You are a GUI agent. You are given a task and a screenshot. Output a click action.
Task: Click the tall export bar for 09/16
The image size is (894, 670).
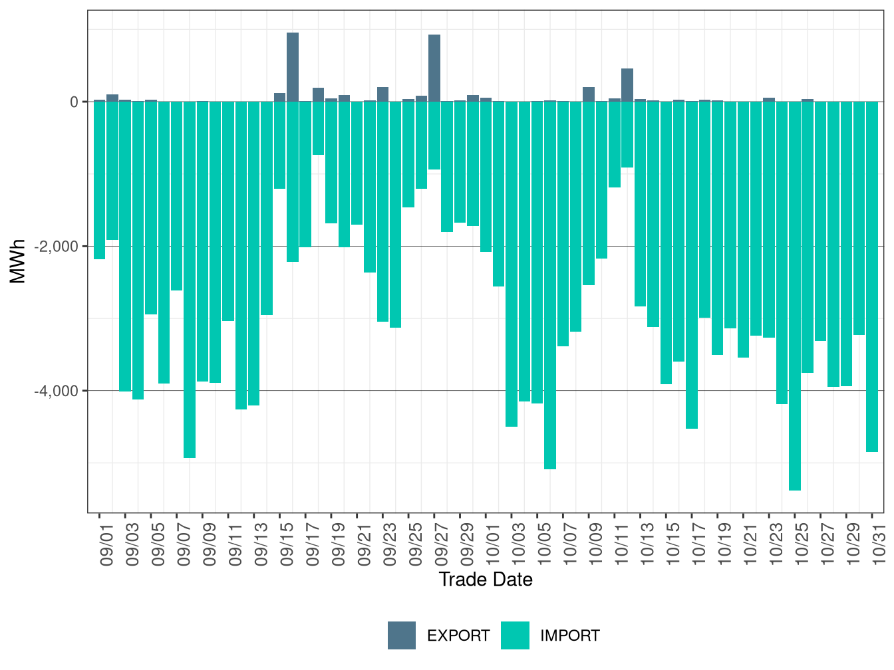(293, 66)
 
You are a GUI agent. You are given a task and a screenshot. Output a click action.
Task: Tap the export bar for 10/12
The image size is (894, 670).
(627, 85)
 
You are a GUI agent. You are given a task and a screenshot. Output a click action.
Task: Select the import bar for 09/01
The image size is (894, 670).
(100, 180)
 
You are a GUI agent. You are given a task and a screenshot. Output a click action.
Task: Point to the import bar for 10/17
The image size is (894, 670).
(692, 265)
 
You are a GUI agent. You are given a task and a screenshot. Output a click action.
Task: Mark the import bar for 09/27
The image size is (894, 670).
(434, 136)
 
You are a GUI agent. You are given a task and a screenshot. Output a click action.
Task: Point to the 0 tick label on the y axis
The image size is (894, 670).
(74, 102)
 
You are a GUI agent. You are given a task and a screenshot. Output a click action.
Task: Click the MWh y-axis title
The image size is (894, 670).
(18, 261)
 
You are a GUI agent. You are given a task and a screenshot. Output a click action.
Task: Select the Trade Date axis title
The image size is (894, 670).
(486, 580)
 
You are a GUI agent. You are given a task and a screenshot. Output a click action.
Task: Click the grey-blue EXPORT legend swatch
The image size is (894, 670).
(402, 635)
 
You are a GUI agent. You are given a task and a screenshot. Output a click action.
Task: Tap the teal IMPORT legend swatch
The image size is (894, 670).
(515, 635)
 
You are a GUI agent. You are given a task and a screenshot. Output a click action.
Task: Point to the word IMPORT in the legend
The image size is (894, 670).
(569, 636)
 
